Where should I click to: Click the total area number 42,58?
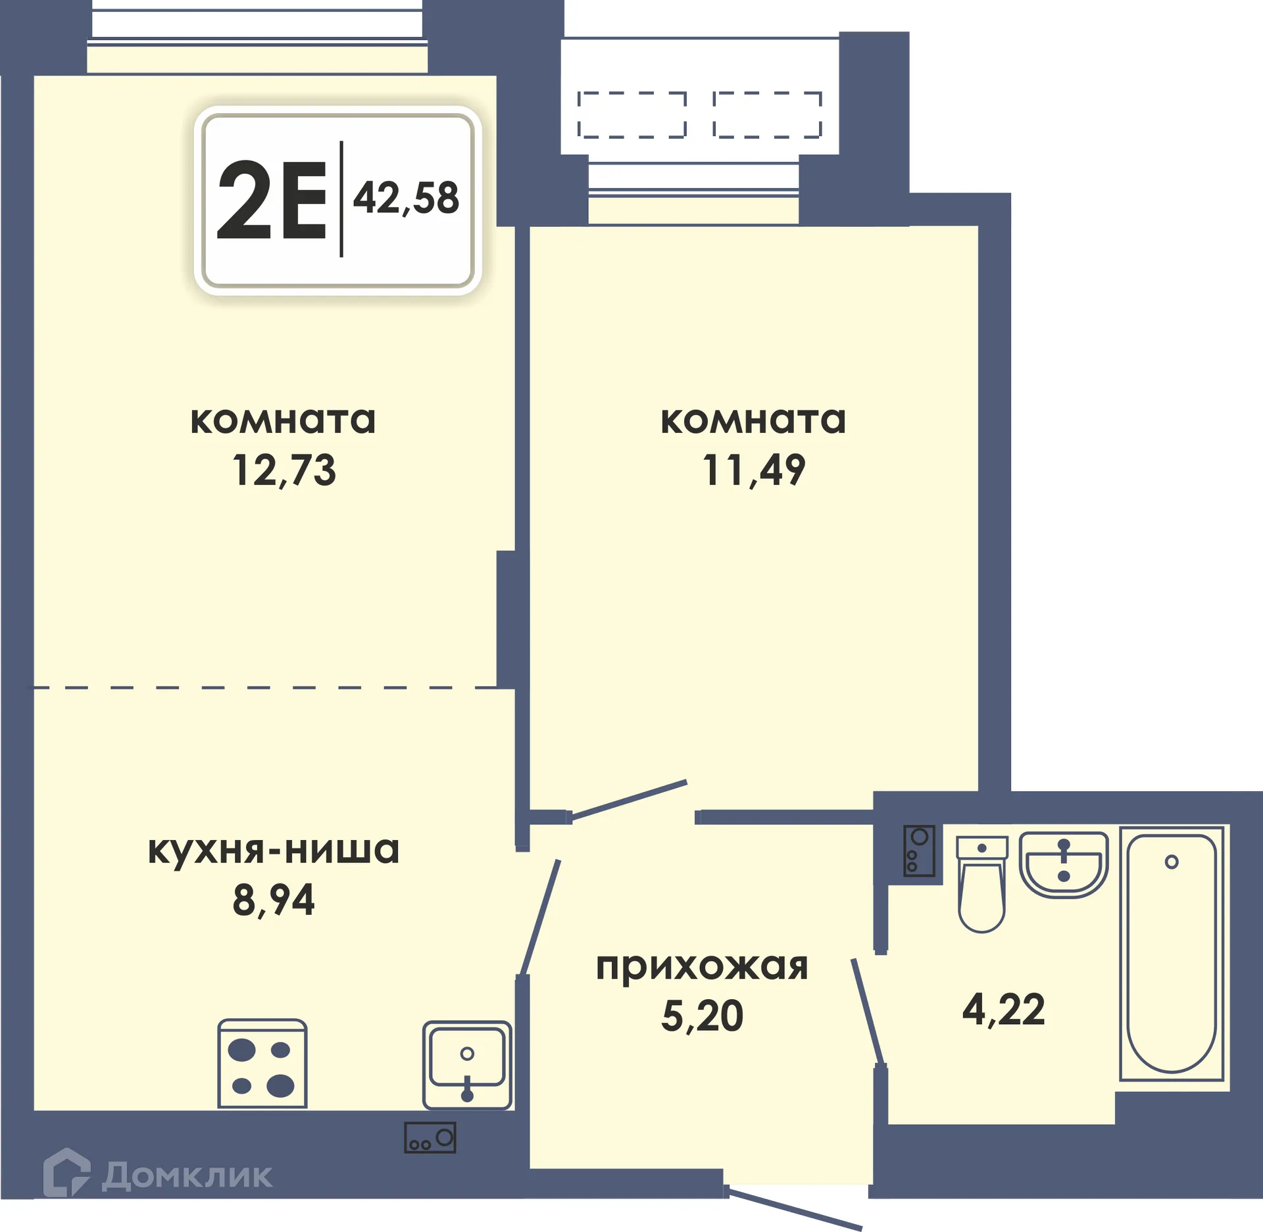coord(406,197)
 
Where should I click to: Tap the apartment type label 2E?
coord(272,201)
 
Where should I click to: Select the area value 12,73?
coord(284,471)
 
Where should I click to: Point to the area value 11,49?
coord(753,471)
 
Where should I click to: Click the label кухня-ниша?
coord(274,850)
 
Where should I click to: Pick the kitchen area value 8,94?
coord(274,900)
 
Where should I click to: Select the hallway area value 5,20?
coord(702,1016)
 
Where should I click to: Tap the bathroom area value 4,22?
coord(1003,1010)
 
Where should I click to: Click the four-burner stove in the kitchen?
coord(262,1064)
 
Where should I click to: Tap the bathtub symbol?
coord(1172,954)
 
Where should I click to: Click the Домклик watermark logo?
coord(158,1175)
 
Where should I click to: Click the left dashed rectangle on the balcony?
coord(631,114)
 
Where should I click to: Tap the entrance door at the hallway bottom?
coord(795,1209)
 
